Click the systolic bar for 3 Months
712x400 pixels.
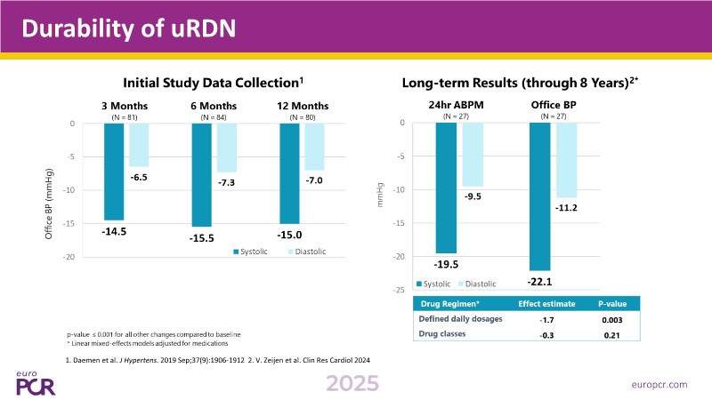[114, 172]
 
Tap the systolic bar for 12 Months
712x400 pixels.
[289, 173]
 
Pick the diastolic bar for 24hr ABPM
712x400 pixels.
[472, 155]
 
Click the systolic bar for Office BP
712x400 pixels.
[539, 196]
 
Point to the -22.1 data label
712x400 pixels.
[539, 281]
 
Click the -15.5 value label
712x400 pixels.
[201, 239]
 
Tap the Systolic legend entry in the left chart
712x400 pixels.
[253, 252]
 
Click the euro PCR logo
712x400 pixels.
[36, 380]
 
